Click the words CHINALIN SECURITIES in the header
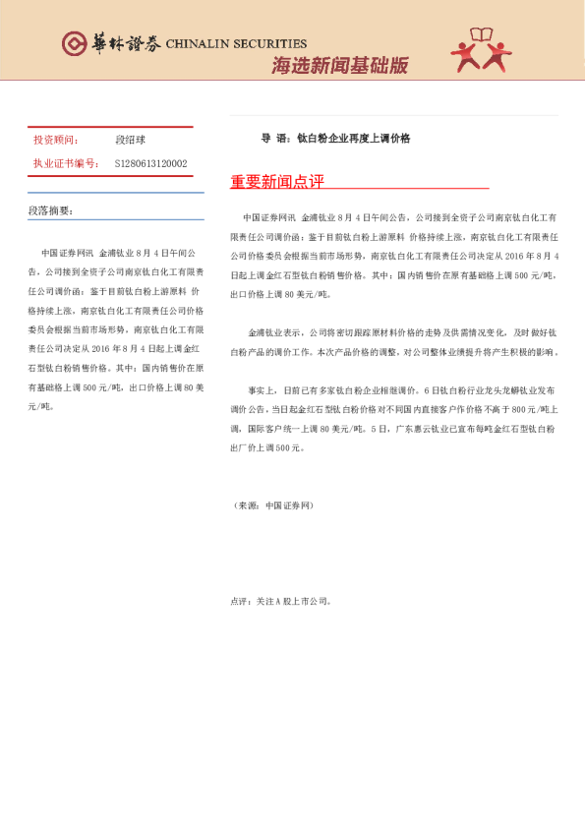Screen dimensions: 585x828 point(236,43)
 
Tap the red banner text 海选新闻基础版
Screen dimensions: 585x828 point(339,66)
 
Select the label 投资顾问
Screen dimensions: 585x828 point(55,141)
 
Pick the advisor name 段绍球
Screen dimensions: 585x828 point(130,141)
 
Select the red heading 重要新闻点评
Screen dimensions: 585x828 point(276,182)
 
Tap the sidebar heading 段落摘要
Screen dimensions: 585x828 point(50,210)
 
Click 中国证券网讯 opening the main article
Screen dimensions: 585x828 point(268,215)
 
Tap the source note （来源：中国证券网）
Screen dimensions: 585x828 point(272,504)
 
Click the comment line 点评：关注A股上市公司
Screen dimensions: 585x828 point(281,600)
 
